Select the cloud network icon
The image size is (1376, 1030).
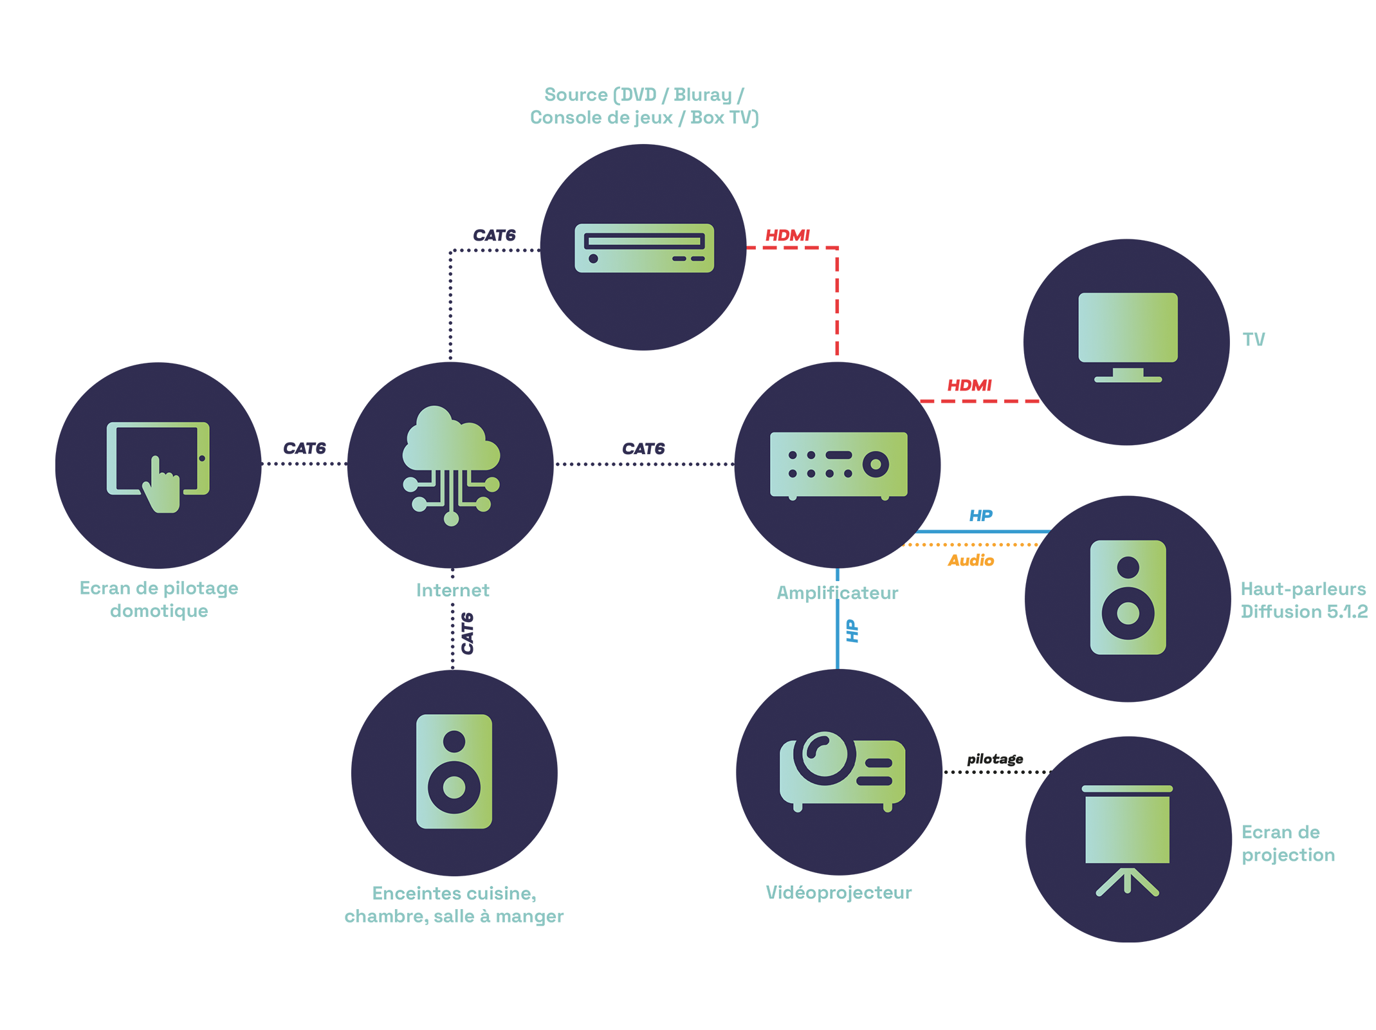(451, 463)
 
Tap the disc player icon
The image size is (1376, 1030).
(644, 248)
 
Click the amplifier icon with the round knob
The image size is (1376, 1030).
(838, 464)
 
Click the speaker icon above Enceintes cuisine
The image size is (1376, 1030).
(454, 771)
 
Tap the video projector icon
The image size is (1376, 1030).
(842, 771)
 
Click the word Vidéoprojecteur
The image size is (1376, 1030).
(839, 892)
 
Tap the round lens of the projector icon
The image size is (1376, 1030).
(825, 757)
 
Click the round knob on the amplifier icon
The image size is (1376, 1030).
(876, 464)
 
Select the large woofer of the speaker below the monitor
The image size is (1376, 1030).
(1128, 612)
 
